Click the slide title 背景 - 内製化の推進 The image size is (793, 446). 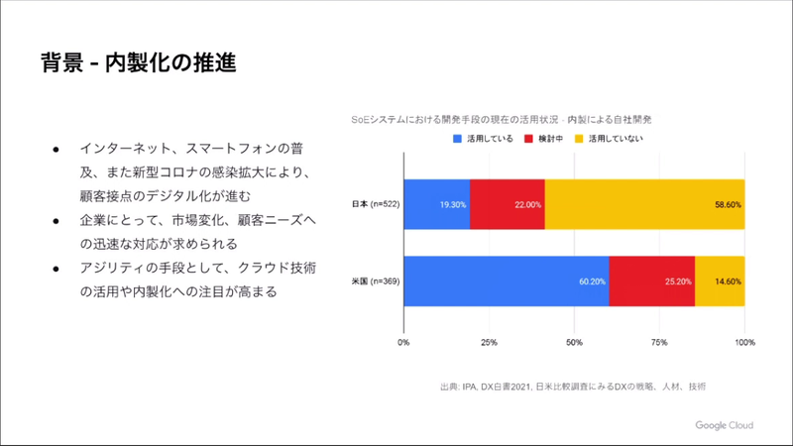pyautogui.click(x=139, y=63)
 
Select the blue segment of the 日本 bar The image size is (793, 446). pyautogui.click(x=436, y=204)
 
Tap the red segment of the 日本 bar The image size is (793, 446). pyautogui.click(x=507, y=204)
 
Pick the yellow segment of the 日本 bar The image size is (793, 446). pyautogui.click(x=644, y=204)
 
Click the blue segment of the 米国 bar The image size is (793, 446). pyautogui.click(x=506, y=280)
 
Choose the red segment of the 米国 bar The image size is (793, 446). pyautogui.click(x=651, y=280)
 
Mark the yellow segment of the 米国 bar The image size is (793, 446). pyautogui.click(x=720, y=280)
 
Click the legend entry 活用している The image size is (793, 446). pyautogui.click(x=483, y=139)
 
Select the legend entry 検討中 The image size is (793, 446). pyautogui.click(x=544, y=139)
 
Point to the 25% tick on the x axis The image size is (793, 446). pyautogui.click(x=489, y=343)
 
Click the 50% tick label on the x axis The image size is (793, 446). pyautogui.click(x=574, y=343)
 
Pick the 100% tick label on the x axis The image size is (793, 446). pyautogui.click(x=743, y=343)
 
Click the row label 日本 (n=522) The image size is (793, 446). pyautogui.click(x=376, y=204)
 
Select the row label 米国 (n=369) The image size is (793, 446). pyautogui.click(x=376, y=280)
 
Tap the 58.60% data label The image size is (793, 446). pyautogui.click(x=728, y=204)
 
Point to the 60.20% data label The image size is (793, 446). pyautogui.click(x=592, y=280)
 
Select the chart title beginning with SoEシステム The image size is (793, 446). pyautogui.click(x=501, y=119)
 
